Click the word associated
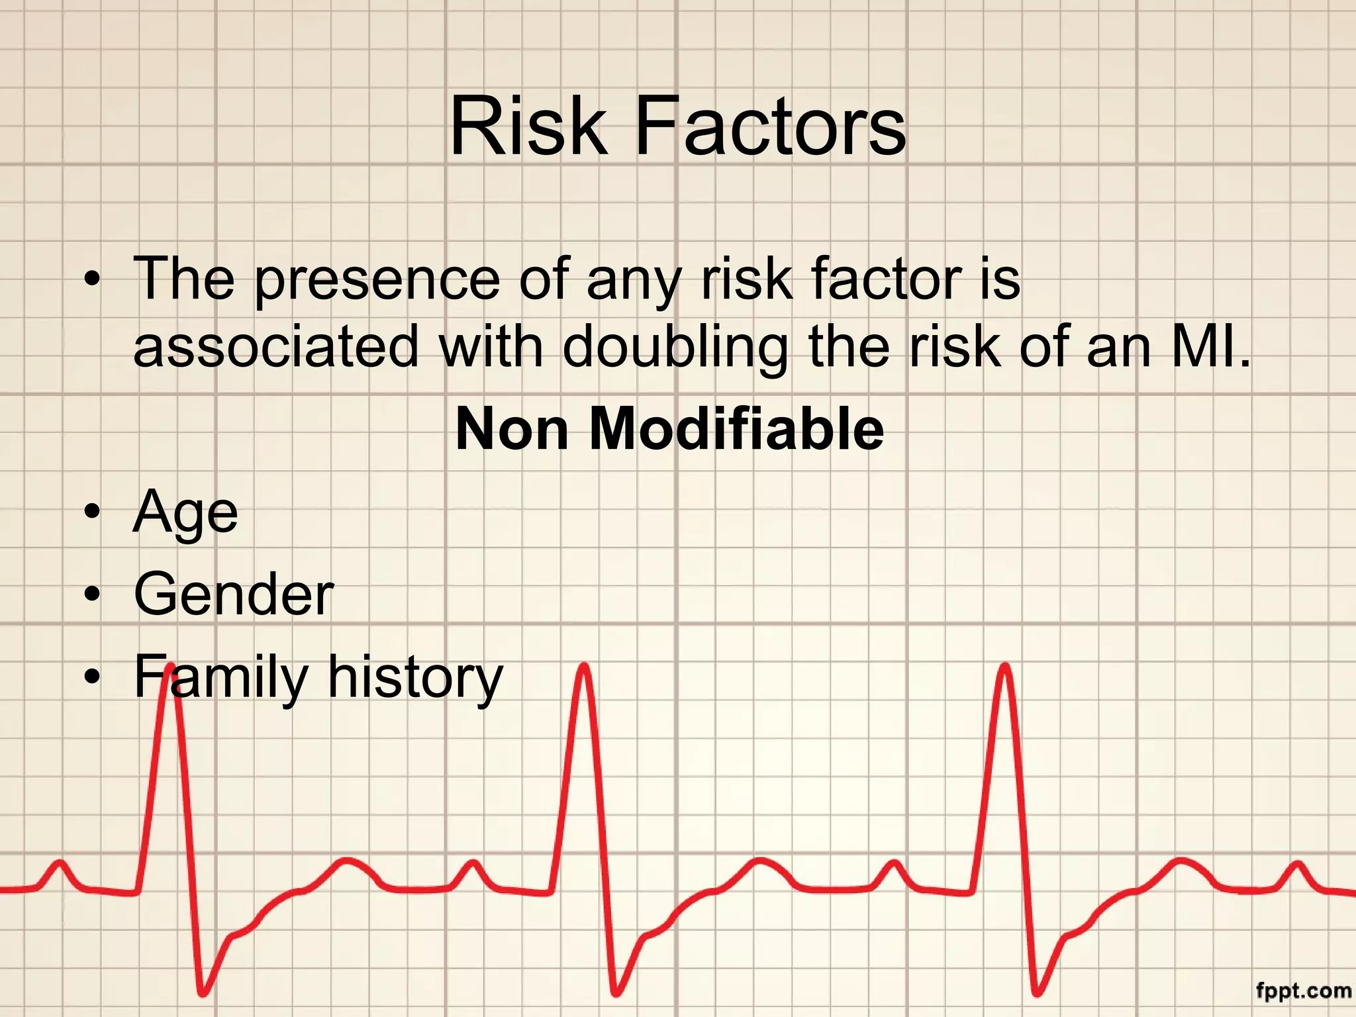[x=276, y=346]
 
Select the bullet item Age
[x=185, y=513]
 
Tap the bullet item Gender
[x=234, y=594]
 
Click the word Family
[x=221, y=677]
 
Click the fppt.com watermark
[x=1303, y=991]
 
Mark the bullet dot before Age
[x=93, y=513]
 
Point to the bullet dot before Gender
[x=93, y=594]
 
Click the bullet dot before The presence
[x=93, y=279]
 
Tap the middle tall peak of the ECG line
[x=584, y=669]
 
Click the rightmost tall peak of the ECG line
[x=1006, y=669]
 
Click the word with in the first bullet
[x=490, y=346]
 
